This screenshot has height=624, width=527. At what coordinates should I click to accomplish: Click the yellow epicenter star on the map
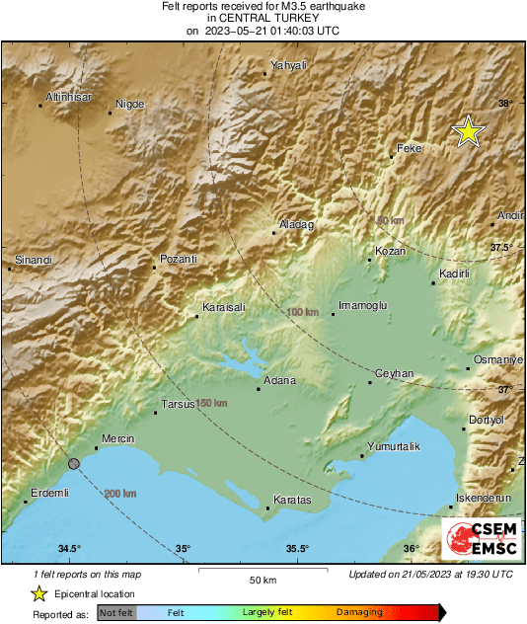coord(468,131)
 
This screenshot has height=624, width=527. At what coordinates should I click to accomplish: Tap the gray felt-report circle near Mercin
coord(73,462)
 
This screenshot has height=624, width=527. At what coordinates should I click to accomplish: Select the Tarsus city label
coord(180,403)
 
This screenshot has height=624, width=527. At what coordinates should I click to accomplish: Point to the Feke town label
coord(409,148)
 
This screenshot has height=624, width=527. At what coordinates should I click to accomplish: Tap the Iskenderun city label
coord(484,499)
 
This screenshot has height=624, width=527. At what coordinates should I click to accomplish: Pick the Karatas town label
coord(291,501)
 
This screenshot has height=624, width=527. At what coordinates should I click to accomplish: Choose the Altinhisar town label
coord(70,97)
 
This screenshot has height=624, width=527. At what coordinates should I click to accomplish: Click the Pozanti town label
coord(179,259)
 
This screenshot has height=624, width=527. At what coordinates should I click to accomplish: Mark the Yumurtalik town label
coord(393,447)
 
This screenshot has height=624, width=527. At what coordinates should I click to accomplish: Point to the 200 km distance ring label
coord(118,493)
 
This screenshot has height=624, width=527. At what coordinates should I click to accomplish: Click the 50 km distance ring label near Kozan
coord(391,220)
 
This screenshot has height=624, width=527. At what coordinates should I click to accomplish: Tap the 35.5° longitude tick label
coord(297,549)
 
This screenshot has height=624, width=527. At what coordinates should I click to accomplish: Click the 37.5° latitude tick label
coord(504,247)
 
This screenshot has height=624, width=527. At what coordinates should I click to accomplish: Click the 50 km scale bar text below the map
coord(263,580)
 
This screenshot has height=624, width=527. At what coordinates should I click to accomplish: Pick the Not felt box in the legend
coord(117,612)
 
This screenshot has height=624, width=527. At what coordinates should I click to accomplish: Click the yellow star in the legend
coord(38,593)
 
